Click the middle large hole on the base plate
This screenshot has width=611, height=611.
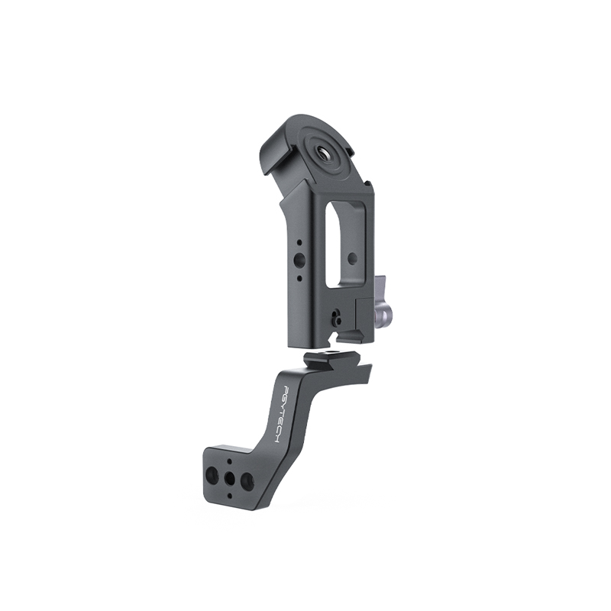point(230,479)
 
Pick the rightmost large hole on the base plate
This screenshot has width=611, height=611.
point(247,482)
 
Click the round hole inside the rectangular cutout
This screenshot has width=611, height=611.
point(352,258)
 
